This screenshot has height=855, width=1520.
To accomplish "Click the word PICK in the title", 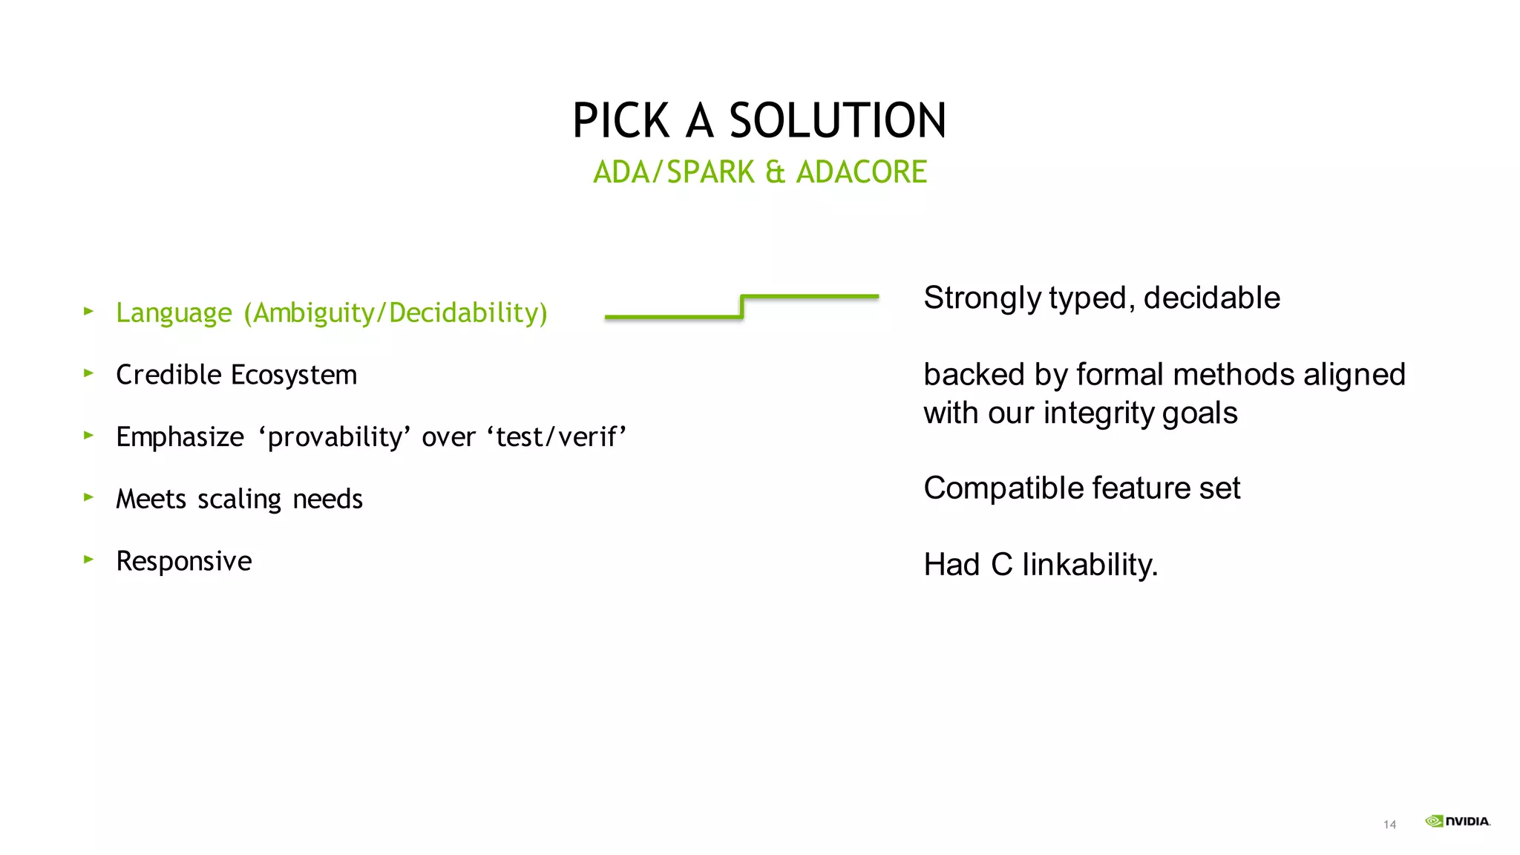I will coord(621,121).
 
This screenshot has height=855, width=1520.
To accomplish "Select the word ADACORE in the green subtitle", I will coord(861,172).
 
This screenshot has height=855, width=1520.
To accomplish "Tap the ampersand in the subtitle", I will coord(775,172).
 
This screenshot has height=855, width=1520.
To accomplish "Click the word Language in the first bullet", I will coord(174,313).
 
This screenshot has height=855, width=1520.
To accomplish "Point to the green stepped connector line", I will coord(741,307).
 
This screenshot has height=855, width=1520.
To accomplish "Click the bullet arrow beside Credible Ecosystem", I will coord(89,373).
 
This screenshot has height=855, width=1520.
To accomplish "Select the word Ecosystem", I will coord(294,376).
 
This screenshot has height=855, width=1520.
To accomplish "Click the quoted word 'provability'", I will coord(335,437).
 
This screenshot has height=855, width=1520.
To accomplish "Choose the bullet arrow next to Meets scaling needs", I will coord(89,497).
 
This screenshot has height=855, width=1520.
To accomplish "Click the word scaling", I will coord(239,499).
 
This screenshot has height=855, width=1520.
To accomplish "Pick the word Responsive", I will coord(184,561).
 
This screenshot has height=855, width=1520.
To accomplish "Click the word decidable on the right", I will coord(1211,298).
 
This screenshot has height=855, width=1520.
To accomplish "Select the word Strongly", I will coord(983,298).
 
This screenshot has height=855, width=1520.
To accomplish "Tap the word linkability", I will coord(1090,565).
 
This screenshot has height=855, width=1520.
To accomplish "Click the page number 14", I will coord(1389,825).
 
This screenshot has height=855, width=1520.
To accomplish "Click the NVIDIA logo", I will coord(1457,821).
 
